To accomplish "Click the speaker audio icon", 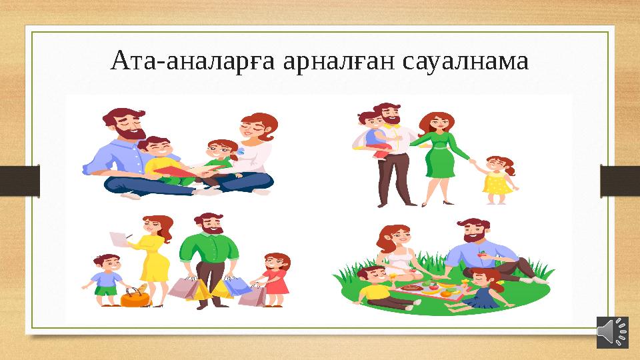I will click(x=612, y=332).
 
